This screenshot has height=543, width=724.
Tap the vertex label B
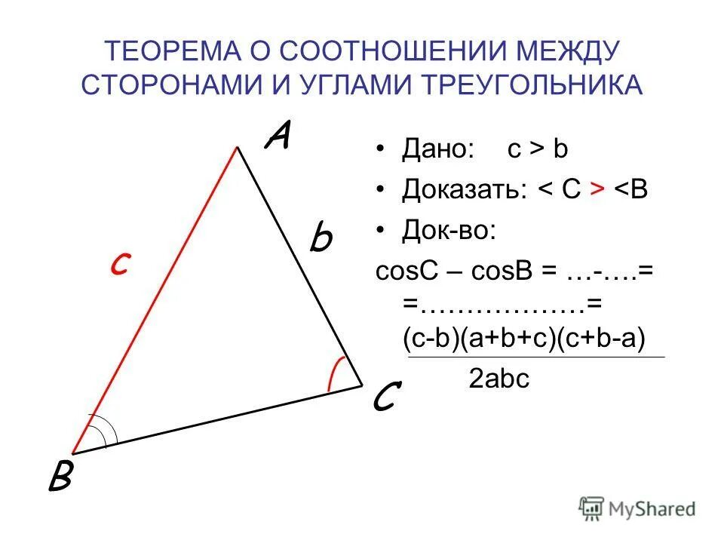point(60,476)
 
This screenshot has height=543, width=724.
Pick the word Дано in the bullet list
point(436,149)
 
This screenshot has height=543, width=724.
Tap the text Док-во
point(449,229)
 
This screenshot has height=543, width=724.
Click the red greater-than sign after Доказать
point(596,189)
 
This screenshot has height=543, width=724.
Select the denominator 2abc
point(499,379)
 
